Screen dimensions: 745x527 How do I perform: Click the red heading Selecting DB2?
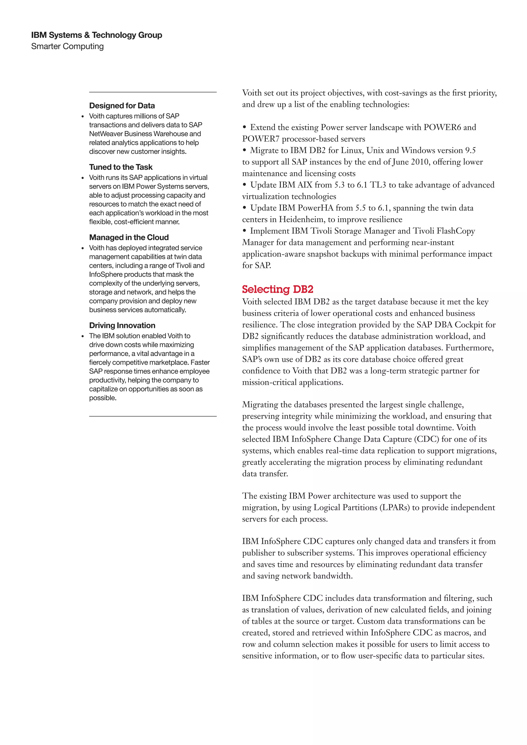click(x=277, y=289)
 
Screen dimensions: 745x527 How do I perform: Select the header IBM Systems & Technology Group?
click(x=97, y=35)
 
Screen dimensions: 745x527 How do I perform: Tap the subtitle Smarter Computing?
click(x=67, y=46)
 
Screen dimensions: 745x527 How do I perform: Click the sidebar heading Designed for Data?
click(x=122, y=106)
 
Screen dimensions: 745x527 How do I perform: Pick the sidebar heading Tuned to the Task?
click(x=121, y=167)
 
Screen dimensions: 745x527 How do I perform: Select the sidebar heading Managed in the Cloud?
click(x=129, y=237)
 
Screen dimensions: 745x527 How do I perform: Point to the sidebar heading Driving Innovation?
click(x=122, y=325)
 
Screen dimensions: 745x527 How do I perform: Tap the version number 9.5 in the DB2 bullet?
click(x=470, y=150)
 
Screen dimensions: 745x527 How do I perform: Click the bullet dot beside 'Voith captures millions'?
click(x=83, y=117)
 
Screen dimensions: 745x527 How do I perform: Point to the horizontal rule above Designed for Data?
click(x=153, y=92)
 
